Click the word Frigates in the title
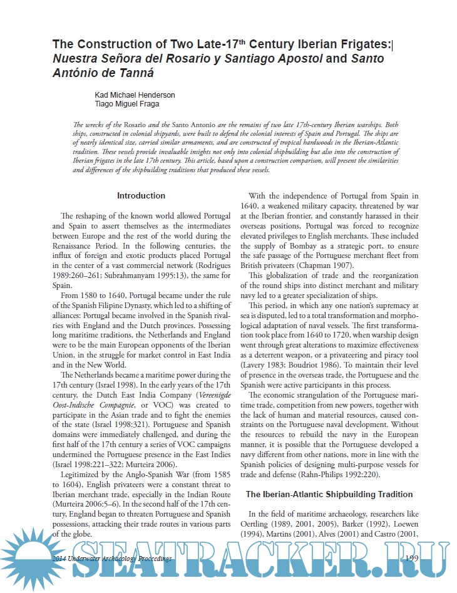pyautogui.click(x=363, y=44)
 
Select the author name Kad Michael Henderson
pyautogui.click(x=134, y=95)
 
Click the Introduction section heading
pyautogui.click(x=141, y=196)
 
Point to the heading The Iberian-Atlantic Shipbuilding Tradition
pyautogui.click(x=329, y=495)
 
